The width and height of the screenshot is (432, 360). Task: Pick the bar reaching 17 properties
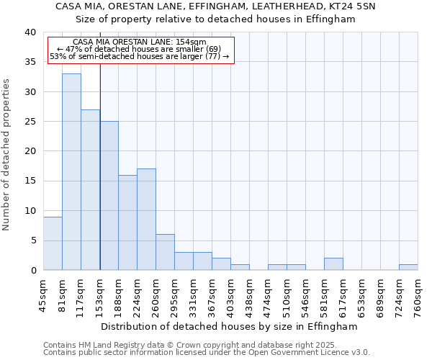coord(146,219)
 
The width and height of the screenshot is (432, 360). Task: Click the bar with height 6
coord(165,252)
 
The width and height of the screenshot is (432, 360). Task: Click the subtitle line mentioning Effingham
coord(216,19)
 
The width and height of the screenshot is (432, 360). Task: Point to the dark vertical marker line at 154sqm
coord(100,166)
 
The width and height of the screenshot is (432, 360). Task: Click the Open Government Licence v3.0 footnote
coord(207,352)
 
